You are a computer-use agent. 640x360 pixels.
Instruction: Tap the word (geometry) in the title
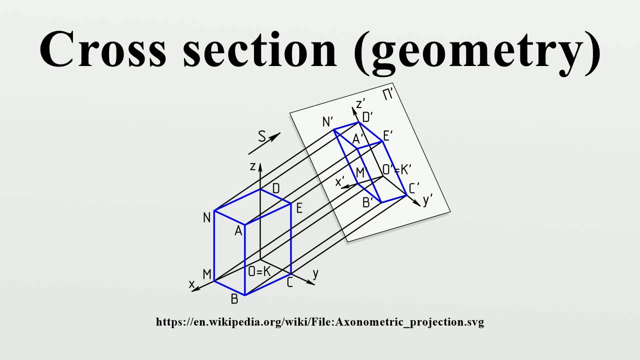[477, 50]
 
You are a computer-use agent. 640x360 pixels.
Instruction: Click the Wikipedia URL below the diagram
[320, 322]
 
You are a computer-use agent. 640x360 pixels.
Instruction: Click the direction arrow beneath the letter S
[264, 143]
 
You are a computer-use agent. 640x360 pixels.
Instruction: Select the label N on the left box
[206, 218]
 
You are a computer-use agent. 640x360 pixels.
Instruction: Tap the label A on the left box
[238, 231]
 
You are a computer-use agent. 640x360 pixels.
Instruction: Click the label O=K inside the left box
[259, 272]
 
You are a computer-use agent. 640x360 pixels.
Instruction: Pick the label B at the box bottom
[234, 299]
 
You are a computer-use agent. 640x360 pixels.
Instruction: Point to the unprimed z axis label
[253, 166]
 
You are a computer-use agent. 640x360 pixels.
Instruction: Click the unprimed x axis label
[191, 283]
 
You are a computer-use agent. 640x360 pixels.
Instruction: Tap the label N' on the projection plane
[328, 121]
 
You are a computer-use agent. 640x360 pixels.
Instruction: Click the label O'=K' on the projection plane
[396, 169]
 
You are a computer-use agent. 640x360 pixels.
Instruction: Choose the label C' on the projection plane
[414, 188]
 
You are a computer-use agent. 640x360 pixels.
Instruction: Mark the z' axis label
[360, 104]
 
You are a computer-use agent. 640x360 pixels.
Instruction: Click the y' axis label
[428, 201]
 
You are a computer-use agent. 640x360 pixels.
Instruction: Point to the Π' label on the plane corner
[388, 94]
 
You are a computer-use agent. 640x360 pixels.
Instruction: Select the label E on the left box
[299, 208]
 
